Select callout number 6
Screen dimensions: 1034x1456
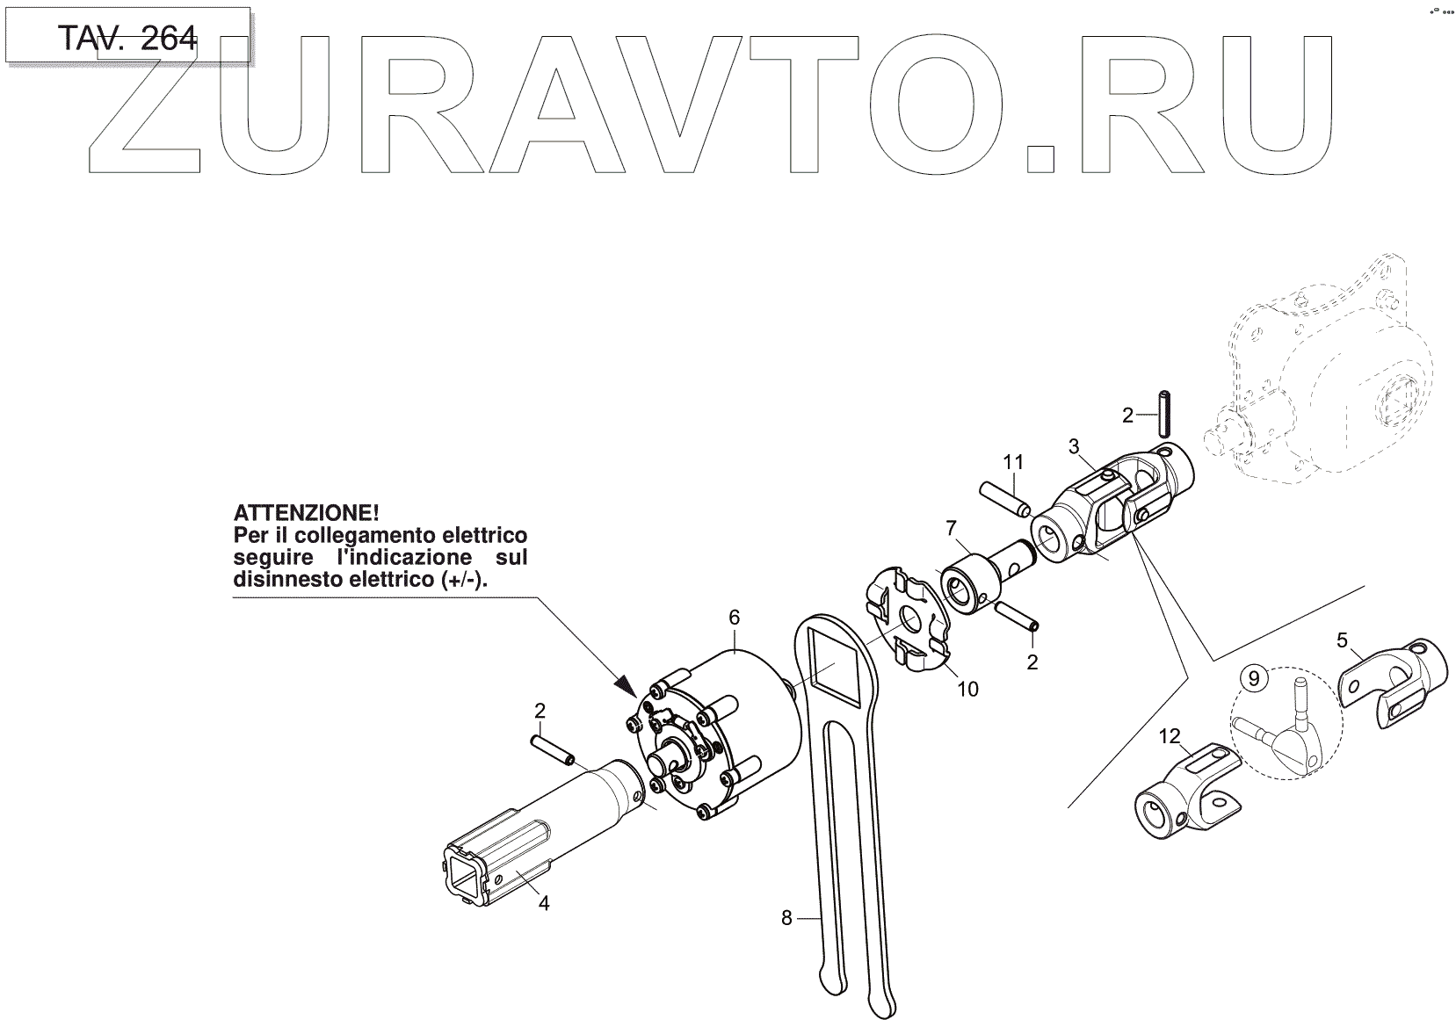coord(735,618)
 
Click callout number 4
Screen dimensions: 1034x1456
coord(544,903)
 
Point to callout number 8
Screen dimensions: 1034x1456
coord(786,918)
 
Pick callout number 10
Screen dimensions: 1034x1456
coord(967,690)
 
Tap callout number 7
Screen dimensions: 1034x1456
coord(950,528)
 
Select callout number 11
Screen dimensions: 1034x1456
coord(1014,462)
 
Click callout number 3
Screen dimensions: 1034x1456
coord(1074,446)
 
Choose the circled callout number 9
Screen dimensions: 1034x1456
coord(1254,678)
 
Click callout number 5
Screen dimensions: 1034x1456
coord(1342,640)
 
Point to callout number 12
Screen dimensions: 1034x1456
coord(1170,736)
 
